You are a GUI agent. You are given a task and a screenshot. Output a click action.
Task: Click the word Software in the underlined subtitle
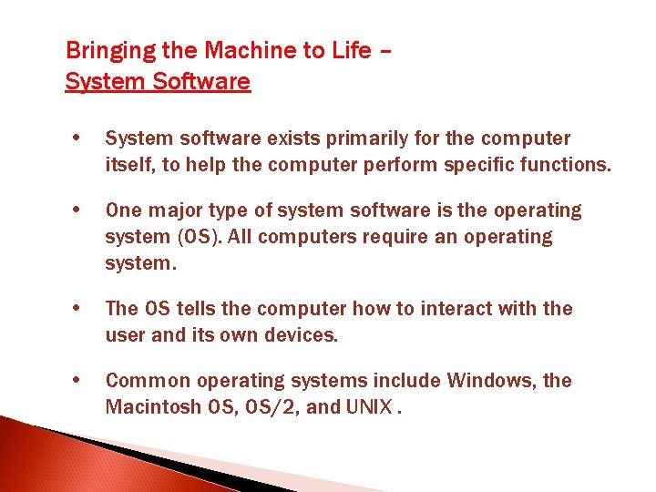pyautogui.click(x=202, y=82)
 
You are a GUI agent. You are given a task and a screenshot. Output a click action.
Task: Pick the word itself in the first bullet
pyautogui.click(x=126, y=165)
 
